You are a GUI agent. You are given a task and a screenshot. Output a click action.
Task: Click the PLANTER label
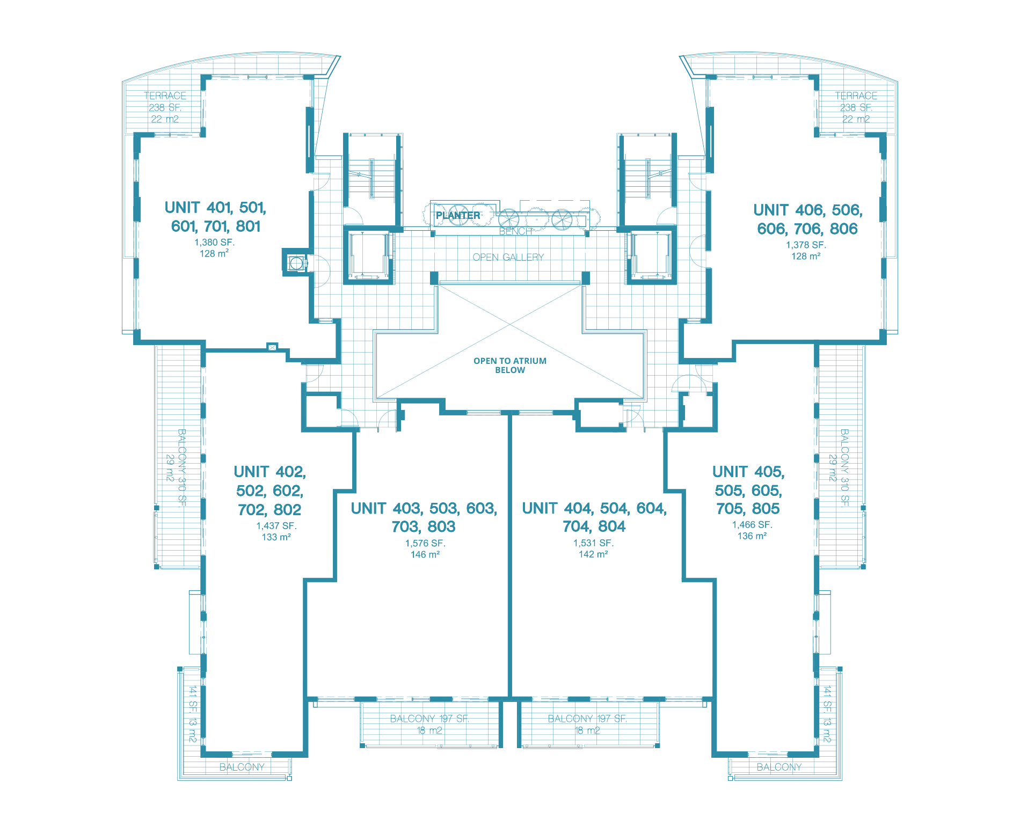point(458,215)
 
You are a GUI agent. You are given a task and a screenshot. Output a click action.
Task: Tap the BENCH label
point(515,231)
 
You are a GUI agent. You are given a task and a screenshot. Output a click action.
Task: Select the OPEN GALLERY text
point(508,257)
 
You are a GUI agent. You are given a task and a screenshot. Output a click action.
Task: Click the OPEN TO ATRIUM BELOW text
point(510,365)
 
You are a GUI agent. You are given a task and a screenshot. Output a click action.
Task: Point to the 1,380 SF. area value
point(215,242)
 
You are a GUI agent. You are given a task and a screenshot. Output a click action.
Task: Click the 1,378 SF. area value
point(806,245)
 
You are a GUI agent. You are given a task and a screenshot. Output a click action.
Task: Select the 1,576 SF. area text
point(425,543)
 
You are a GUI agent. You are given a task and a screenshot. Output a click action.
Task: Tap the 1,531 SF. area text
point(593,543)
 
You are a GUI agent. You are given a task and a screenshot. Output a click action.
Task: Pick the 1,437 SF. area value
point(276,526)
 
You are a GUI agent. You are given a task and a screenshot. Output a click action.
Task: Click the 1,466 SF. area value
point(752,524)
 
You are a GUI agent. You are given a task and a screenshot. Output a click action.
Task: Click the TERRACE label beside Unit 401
point(165,96)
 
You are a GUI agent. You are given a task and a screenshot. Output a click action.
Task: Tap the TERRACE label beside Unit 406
point(856,96)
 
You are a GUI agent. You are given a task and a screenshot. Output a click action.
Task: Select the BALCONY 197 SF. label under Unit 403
point(429,719)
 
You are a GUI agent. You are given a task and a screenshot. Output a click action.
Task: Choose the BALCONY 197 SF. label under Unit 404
point(587,719)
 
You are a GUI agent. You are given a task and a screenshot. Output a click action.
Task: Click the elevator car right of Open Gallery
point(651,255)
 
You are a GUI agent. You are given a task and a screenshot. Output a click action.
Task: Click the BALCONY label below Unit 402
point(242,767)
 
